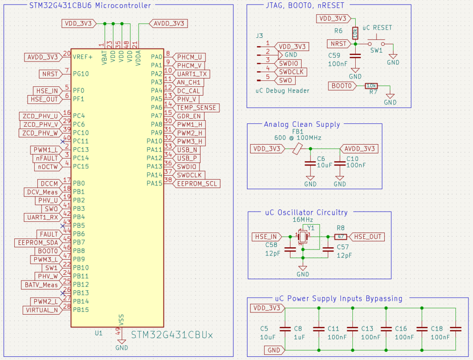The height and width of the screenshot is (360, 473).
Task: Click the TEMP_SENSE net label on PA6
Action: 196,107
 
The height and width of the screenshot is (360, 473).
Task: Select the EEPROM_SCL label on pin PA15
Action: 197,183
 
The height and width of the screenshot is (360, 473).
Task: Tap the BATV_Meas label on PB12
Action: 41,285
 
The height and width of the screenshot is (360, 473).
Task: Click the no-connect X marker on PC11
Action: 62,141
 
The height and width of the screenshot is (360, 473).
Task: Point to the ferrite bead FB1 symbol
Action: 298,148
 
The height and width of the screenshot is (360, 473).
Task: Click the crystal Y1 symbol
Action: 303,237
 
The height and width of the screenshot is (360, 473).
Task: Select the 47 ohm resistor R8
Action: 340,237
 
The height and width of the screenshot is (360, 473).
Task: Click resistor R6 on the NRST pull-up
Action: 355,33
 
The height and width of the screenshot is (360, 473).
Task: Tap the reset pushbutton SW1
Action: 376,44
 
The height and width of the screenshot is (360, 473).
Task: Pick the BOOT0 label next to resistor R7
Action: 342,86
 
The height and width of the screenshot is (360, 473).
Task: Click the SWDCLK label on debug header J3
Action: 291,72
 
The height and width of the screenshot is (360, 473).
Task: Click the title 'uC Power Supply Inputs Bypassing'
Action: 339,298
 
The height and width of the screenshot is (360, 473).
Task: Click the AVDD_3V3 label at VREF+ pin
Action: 43,57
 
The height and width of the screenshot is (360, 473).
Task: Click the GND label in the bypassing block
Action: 267,350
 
